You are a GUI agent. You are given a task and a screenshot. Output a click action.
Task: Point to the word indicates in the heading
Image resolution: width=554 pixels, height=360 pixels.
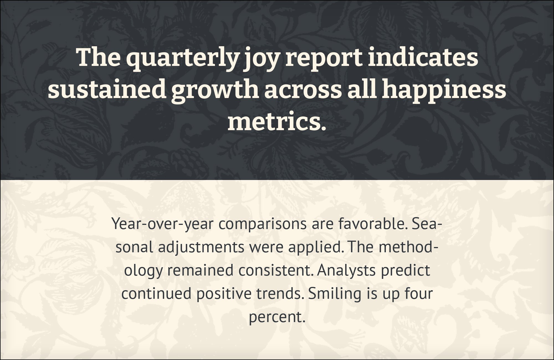point(423,57)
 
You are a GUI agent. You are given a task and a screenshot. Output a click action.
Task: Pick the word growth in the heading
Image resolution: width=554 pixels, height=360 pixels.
point(215,91)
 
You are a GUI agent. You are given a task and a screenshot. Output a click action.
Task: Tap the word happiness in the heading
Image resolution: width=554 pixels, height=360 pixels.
point(444,91)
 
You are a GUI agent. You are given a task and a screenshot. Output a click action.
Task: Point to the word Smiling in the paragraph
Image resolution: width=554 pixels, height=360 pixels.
point(335,294)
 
